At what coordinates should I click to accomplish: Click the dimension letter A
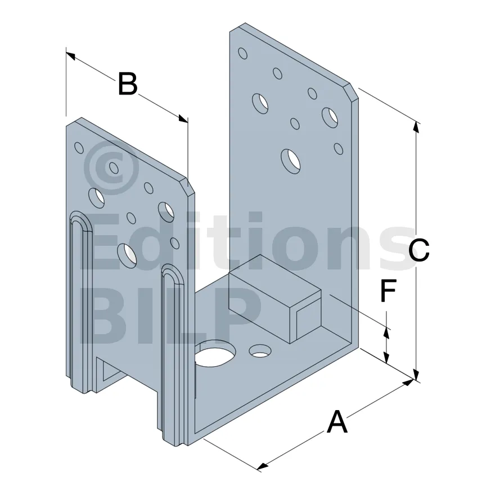tap(337, 421)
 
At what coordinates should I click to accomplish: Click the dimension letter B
tap(128, 84)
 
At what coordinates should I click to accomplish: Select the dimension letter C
tap(418, 250)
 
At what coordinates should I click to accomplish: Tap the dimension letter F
tap(388, 290)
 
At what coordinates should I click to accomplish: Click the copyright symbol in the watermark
tap(111, 167)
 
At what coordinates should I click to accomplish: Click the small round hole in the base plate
tap(260, 350)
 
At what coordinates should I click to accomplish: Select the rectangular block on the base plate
tap(274, 299)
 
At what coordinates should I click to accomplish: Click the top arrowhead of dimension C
tap(417, 128)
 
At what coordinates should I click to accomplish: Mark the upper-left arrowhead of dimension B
tap(70, 56)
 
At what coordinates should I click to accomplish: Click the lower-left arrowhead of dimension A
tap(262, 466)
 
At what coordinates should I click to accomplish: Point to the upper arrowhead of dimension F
tap(386, 333)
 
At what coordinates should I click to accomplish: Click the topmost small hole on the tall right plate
tap(242, 53)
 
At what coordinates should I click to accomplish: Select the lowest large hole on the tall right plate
tap(290, 161)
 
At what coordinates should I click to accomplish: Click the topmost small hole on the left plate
tap(79, 148)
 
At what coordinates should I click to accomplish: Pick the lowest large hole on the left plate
tap(127, 255)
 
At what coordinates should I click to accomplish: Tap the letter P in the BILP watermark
tap(241, 316)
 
